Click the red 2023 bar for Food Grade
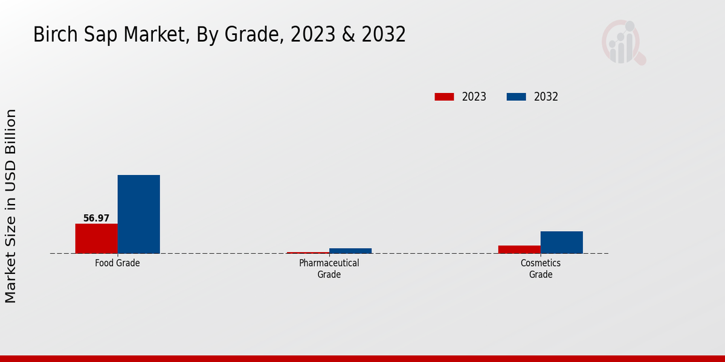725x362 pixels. point(96,238)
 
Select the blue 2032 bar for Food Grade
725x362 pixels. point(138,214)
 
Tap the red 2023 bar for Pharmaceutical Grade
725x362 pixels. point(308,252)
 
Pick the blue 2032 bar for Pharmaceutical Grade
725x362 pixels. point(350,250)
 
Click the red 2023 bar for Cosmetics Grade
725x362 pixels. point(519,249)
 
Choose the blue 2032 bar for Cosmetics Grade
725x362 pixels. point(561,242)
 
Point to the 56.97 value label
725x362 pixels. point(96,218)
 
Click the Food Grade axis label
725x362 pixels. point(117,264)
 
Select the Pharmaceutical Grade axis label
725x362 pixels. point(329,269)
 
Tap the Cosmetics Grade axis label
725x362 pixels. point(541,269)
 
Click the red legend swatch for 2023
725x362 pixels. point(444,97)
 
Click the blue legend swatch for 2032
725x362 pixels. point(515,97)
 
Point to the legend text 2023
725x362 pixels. point(474,97)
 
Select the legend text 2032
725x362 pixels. point(546,97)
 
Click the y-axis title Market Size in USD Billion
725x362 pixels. point(11,206)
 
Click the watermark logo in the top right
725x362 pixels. point(623,42)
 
